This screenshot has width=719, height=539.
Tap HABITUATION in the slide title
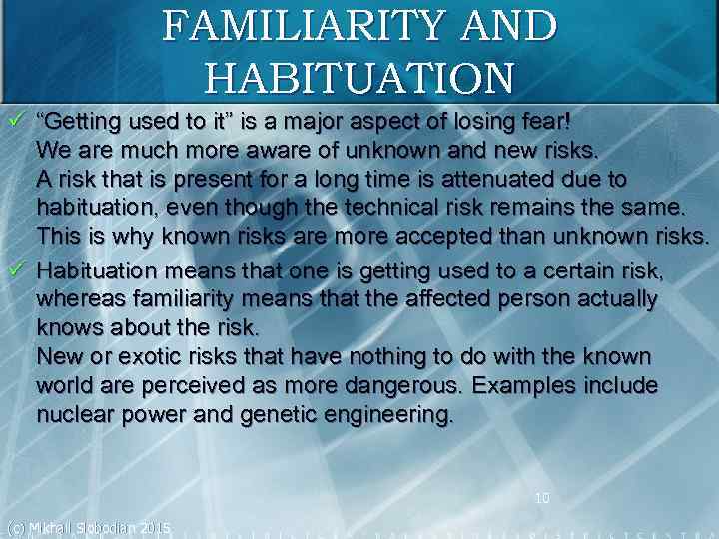(x=359, y=75)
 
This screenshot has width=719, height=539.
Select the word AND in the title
(x=508, y=26)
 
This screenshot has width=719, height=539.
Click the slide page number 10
(x=542, y=497)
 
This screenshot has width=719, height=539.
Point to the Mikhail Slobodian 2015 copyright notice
(x=88, y=527)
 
